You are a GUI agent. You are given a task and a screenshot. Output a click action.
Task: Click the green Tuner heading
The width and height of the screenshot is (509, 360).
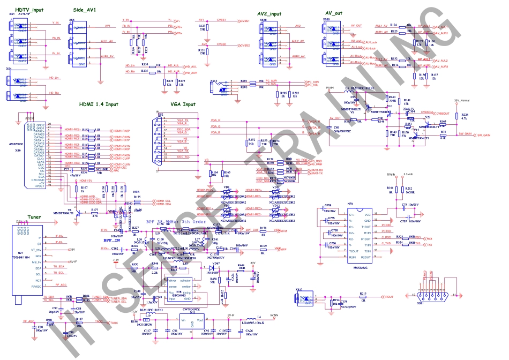click(x=34, y=217)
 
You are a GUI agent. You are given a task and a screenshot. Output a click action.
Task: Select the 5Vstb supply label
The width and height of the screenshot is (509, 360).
click(x=392, y=174)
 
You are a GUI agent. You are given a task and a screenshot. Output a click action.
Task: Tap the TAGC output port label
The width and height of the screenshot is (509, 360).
click(x=114, y=322)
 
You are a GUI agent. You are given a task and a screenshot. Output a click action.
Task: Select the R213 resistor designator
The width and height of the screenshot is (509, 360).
click(x=363, y=293)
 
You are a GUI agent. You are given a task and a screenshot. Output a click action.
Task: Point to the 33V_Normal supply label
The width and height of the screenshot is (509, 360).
click(x=462, y=100)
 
